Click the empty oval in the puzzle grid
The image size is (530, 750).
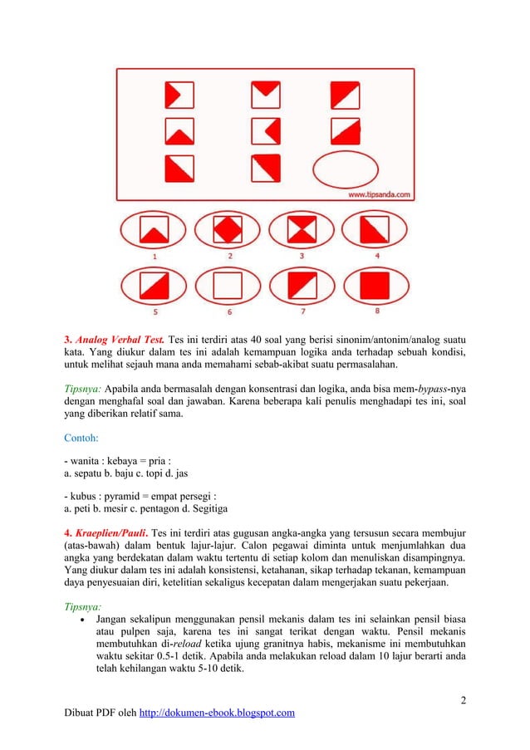346,169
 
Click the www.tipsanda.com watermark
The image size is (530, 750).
379,194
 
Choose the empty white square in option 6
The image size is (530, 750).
228,287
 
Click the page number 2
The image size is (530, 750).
464,697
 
